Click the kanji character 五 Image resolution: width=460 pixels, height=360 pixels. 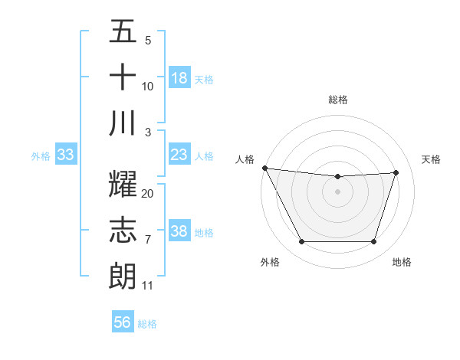(123, 32)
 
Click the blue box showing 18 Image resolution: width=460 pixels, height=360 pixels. (179, 78)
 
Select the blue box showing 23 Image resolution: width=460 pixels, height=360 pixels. (179, 155)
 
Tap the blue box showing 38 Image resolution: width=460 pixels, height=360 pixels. (179, 231)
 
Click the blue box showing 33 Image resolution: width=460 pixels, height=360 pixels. (66, 155)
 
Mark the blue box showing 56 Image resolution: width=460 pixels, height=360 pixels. (123, 322)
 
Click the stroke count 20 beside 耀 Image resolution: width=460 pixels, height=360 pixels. (148, 194)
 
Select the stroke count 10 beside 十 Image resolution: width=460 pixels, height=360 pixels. (148, 87)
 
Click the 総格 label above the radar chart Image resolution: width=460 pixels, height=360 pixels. (337, 100)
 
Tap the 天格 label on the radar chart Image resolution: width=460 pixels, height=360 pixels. (432, 159)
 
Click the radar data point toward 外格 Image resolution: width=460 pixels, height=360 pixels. (301, 242)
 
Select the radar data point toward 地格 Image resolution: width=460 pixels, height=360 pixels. (373, 242)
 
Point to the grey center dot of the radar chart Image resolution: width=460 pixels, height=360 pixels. (337, 191)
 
